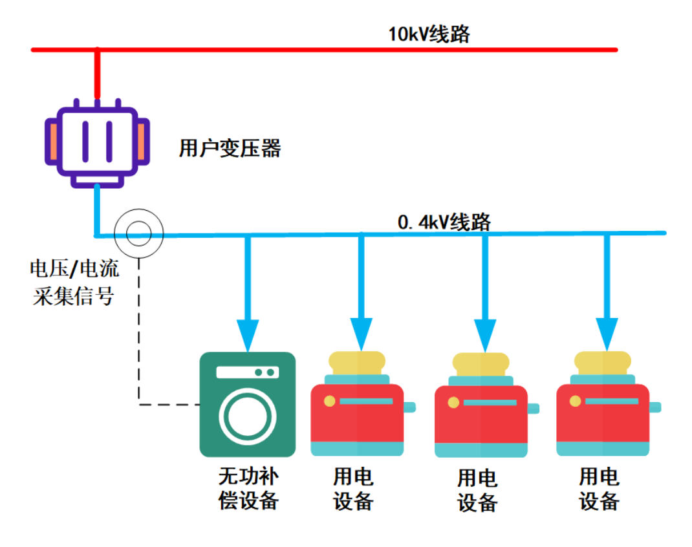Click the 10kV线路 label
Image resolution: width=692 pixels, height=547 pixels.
pyautogui.click(x=429, y=34)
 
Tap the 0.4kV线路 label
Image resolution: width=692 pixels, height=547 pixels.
pyautogui.click(x=444, y=222)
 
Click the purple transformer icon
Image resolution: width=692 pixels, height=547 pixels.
pyautogui.click(x=97, y=144)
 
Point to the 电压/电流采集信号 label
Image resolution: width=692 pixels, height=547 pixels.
pyautogui.click(x=75, y=283)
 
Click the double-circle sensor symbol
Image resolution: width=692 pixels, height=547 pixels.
pyautogui.click(x=138, y=233)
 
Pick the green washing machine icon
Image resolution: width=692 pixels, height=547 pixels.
pyautogui.click(x=247, y=404)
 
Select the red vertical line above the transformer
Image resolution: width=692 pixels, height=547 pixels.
pyautogui.click(x=97, y=74)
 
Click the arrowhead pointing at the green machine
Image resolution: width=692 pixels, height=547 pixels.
pyautogui.click(x=247, y=334)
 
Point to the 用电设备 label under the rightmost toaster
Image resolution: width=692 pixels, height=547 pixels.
pyautogui.click(x=600, y=489)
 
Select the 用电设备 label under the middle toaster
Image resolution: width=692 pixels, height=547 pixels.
pyautogui.click(x=477, y=491)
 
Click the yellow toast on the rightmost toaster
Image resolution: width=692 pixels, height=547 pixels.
pyautogui.click(x=603, y=363)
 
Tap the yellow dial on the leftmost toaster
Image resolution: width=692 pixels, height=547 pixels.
pyautogui.click(x=330, y=401)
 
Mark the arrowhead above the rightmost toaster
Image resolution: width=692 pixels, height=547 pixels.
pyautogui.click(x=607, y=334)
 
